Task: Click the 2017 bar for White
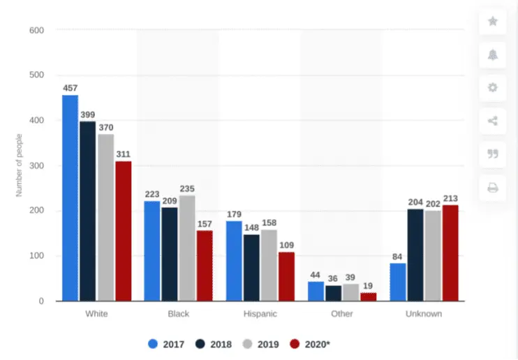[x=70, y=198]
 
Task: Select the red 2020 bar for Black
[x=204, y=266]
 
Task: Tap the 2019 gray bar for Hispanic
[x=269, y=265]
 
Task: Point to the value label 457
[x=70, y=89]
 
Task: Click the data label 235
[x=187, y=189]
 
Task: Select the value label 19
[x=368, y=286]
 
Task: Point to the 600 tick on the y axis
[x=36, y=30]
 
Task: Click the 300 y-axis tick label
[x=36, y=166]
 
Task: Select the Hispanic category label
[x=260, y=314]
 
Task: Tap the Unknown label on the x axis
[x=424, y=314]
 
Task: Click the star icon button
[x=493, y=22]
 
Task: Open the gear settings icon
[x=493, y=88]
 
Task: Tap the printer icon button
[x=493, y=188]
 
